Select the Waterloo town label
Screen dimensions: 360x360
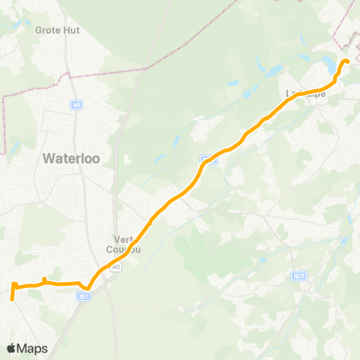(76, 158)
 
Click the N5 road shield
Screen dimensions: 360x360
(77, 105)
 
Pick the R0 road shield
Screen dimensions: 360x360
(115, 265)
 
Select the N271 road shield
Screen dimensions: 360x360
(299, 277)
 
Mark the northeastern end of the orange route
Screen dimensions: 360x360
(346, 61)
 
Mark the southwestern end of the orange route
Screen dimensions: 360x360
(12, 298)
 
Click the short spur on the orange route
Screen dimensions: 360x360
(44, 280)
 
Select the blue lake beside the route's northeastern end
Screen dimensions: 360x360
(329, 64)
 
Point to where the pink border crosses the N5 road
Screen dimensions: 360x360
(70, 74)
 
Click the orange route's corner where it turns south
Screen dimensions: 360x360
(14, 286)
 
